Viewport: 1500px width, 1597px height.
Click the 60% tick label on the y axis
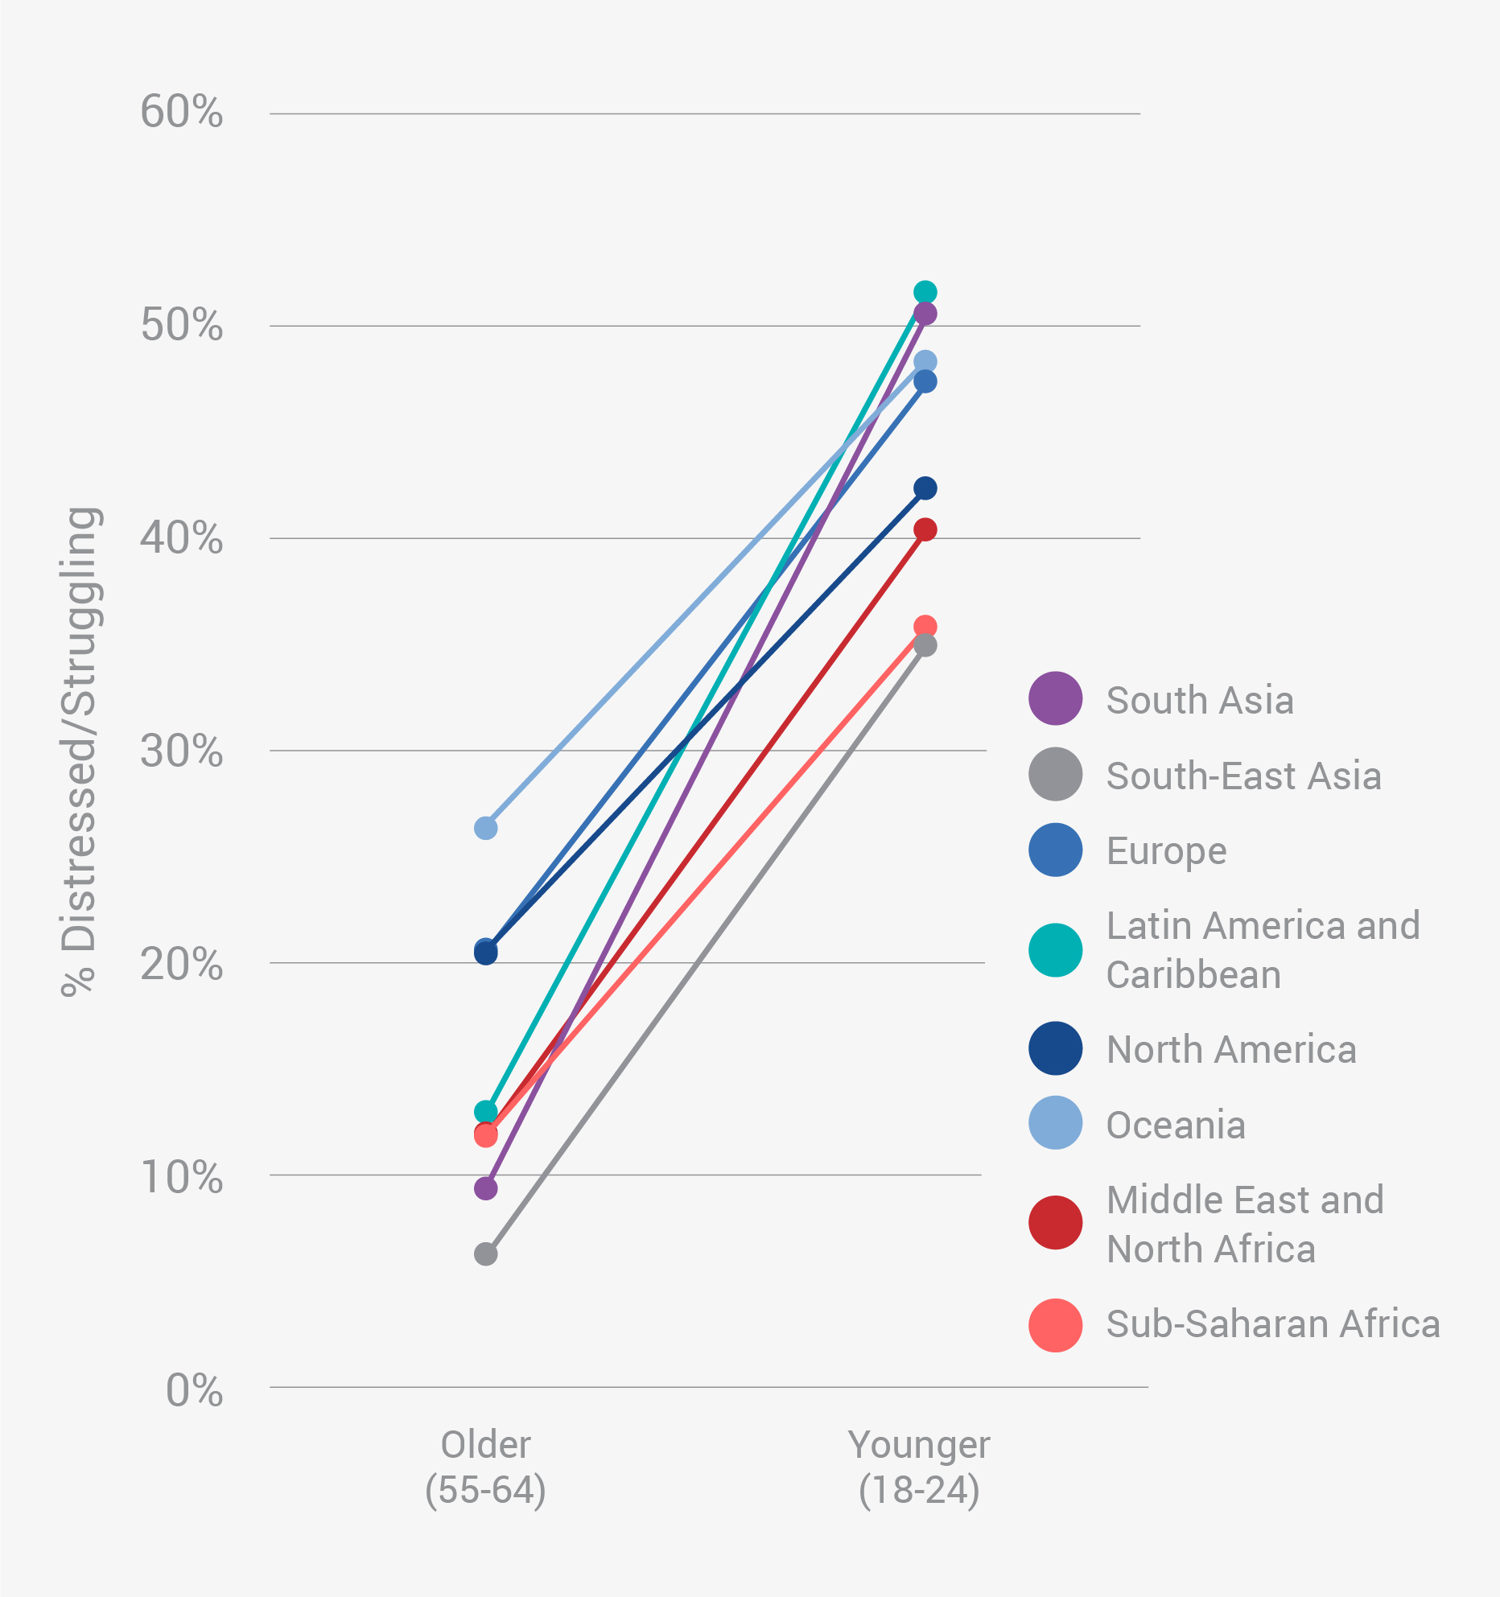pyautogui.click(x=181, y=112)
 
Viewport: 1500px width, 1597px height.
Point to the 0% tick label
pyautogui.click(x=194, y=1391)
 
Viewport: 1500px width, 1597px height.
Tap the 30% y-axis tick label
pyautogui.click(x=181, y=751)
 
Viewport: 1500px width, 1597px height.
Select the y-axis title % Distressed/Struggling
pyautogui.click(x=80, y=752)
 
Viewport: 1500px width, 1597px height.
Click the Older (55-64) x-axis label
pyautogui.click(x=485, y=1467)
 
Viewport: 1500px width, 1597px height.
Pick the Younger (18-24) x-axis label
pyautogui.click(x=919, y=1467)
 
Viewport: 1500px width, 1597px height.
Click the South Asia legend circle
pyautogui.click(x=1055, y=698)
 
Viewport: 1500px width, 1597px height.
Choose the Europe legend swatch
pyautogui.click(x=1055, y=850)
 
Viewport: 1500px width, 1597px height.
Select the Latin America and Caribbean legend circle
pyautogui.click(x=1055, y=950)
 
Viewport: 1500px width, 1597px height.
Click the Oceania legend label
pyautogui.click(x=1176, y=1125)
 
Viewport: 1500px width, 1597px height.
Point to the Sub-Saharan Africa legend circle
pyautogui.click(x=1055, y=1325)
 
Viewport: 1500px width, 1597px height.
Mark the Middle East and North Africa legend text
pyautogui.click(x=1245, y=1225)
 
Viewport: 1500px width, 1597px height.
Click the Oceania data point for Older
pyautogui.click(x=485, y=828)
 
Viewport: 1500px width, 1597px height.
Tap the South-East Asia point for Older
pyautogui.click(x=485, y=1253)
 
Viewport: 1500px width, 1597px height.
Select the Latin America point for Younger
pyautogui.click(x=925, y=292)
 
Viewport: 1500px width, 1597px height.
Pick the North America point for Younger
pyautogui.click(x=925, y=488)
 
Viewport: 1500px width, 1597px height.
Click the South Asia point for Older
pyautogui.click(x=485, y=1188)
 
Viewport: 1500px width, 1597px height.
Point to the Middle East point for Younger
pyautogui.click(x=925, y=529)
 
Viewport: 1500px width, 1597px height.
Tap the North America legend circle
pyautogui.click(x=1055, y=1049)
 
